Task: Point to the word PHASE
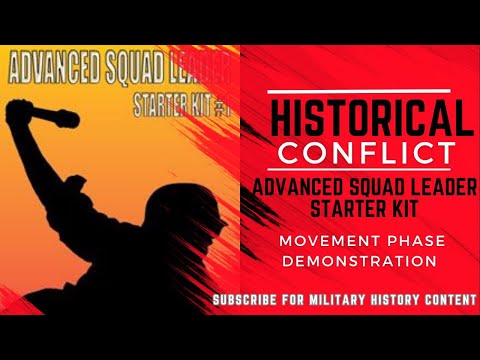411,240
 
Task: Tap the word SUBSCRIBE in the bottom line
251,300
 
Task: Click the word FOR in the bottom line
301,300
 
